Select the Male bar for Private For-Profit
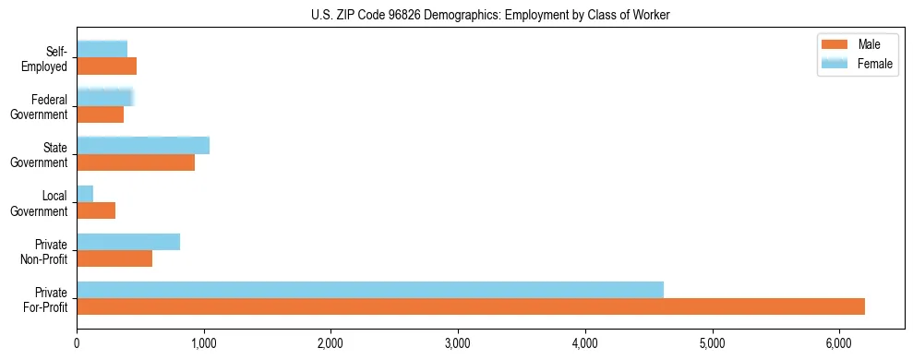click(x=471, y=306)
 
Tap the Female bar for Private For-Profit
click(x=370, y=290)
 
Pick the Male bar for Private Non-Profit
click(x=114, y=258)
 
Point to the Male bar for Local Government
click(x=96, y=210)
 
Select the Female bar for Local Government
click(x=85, y=194)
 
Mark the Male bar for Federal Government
click(x=100, y=114)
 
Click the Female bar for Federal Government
click(x=105, y=97)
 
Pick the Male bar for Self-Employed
click(x=106, y=66)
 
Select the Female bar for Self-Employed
click(x=102, y=49)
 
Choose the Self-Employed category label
click(x=50, y=59)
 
